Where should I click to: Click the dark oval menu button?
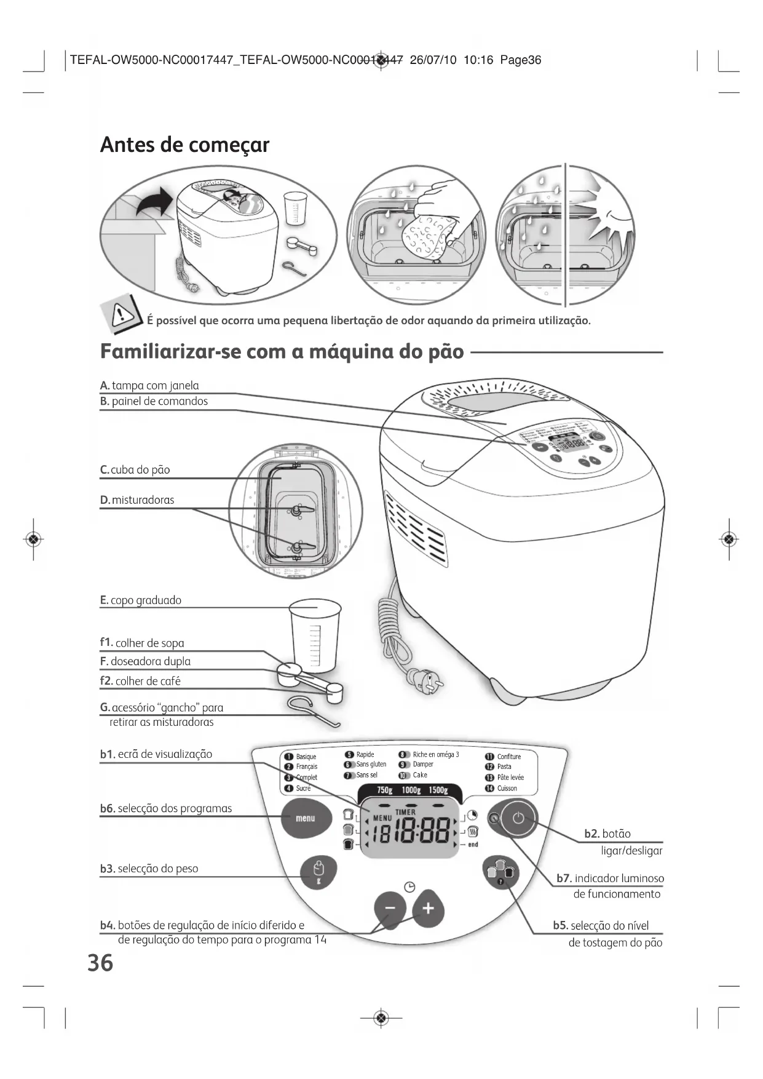[x=305, y=818]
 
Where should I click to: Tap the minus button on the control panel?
[x=390, y=909]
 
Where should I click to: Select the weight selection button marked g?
[x=318, y=872]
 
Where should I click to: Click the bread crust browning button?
[x=500, y=872]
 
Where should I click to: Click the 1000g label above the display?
[x=411, y=790]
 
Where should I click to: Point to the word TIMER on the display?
[x=405, y=812]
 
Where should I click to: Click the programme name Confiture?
[x=508, y=757]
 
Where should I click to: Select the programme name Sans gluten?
[x=371, y=765]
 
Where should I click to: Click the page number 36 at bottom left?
[x=100, y=963]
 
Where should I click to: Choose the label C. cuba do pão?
[x=135, y=470]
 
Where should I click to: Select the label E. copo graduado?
[x=141, y=600]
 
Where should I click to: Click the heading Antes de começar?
[x=184, y=145]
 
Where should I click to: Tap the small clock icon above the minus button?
[x=409, y=886]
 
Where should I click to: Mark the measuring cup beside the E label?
[x=314, y=634]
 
